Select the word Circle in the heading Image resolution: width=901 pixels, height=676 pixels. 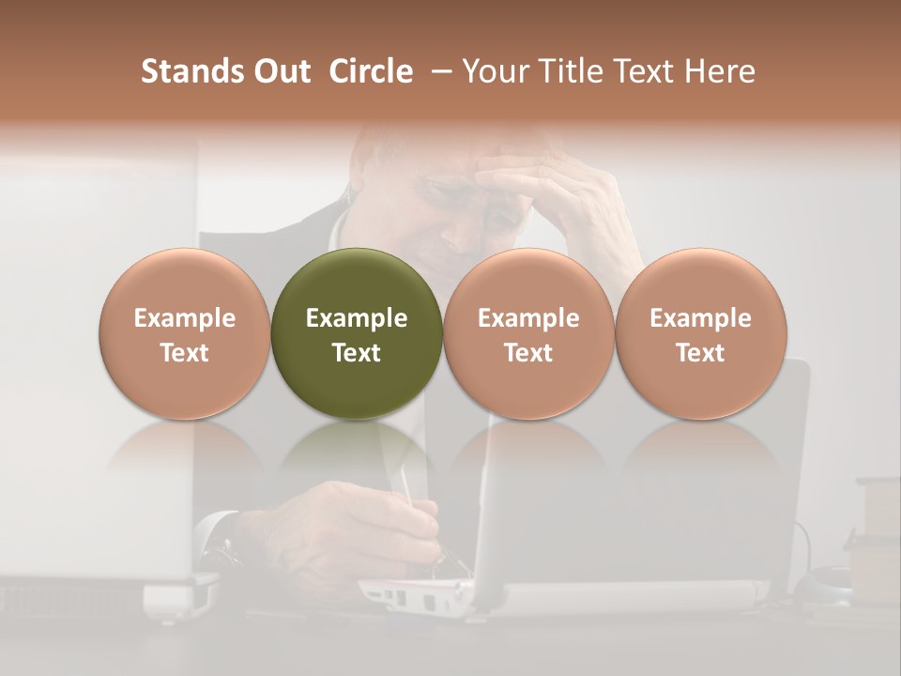click(371, 71)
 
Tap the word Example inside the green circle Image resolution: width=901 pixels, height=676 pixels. click(357, 318)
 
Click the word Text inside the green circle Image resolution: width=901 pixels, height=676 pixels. click(357, 353)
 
